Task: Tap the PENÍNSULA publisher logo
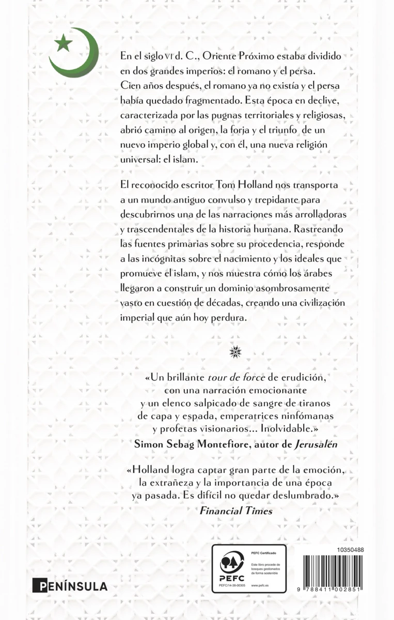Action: [70, 586]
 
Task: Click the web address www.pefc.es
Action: [258, 585]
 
